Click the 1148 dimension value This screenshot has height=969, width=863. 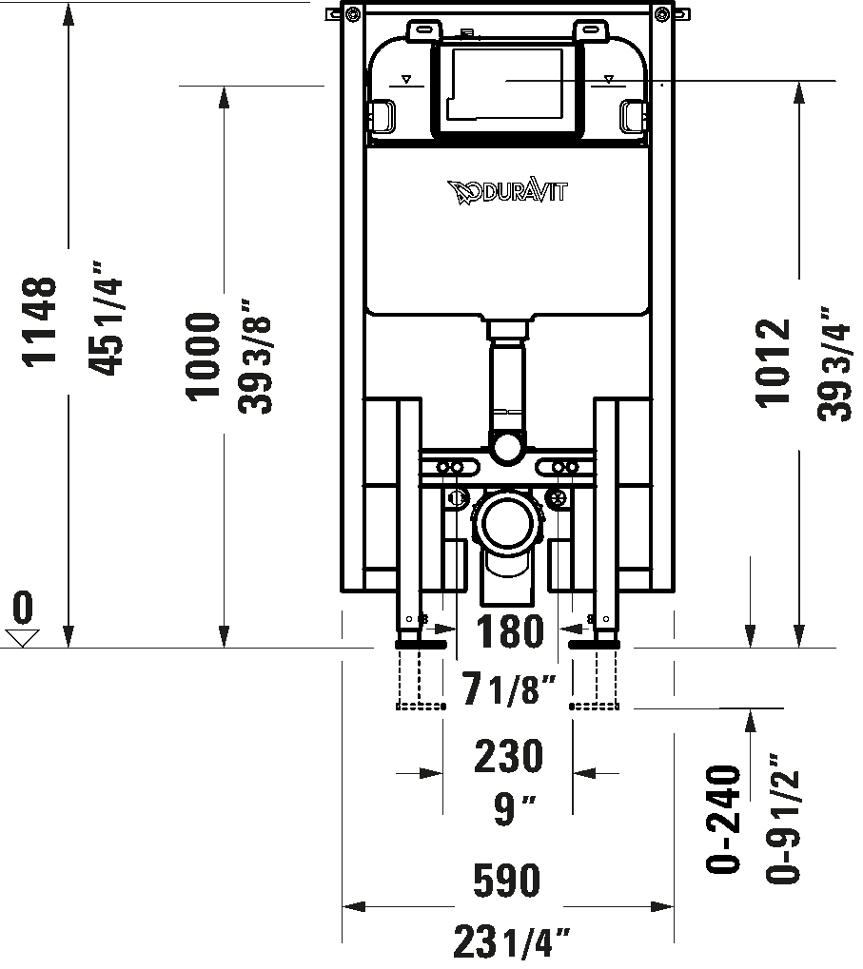point(40,320)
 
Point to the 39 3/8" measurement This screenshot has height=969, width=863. point(256,357)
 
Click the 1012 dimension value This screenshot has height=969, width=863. point(774,362)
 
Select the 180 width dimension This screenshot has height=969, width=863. point(509,632)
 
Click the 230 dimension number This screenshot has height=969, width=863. point(509,757)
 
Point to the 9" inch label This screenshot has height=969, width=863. point(514,809)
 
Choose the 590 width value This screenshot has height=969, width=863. point(507,882)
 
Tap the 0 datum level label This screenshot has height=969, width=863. point(23,608)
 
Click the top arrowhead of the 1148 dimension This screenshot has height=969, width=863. point(69,11)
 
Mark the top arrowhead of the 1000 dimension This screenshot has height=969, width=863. point(225,96)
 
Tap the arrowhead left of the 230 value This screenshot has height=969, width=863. point(434,774)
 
